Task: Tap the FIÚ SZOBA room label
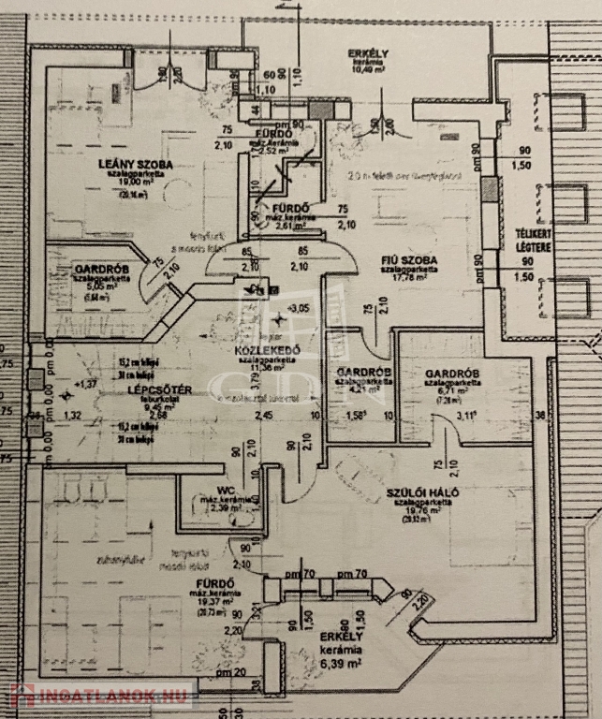(411, 259)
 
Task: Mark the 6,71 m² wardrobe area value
(452, 390)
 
